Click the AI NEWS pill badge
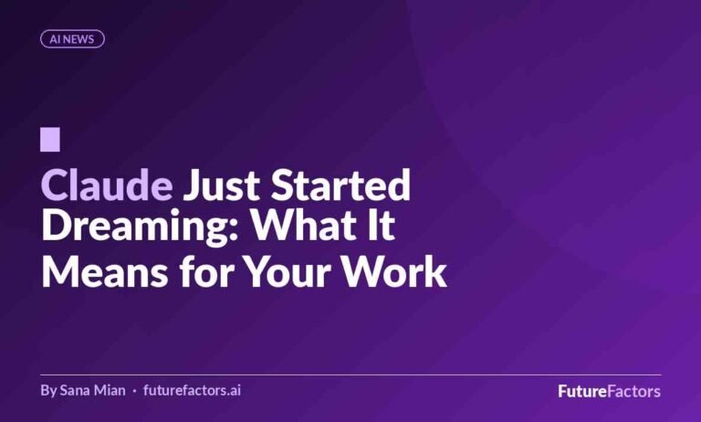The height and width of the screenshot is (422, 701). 72,39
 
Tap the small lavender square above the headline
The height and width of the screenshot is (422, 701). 50,140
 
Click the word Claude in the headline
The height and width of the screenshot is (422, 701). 107,185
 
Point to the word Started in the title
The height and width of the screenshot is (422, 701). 340,185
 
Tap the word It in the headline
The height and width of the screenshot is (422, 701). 382,225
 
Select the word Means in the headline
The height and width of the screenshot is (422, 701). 105,271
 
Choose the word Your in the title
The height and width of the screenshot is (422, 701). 288,271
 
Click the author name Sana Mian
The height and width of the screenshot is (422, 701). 92,390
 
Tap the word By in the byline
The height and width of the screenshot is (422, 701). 48,391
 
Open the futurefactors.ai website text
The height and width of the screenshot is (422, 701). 192,390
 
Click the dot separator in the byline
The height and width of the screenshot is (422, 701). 134,391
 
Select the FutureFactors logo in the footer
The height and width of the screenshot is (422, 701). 610,391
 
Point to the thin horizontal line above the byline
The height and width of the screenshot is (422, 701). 350,375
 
